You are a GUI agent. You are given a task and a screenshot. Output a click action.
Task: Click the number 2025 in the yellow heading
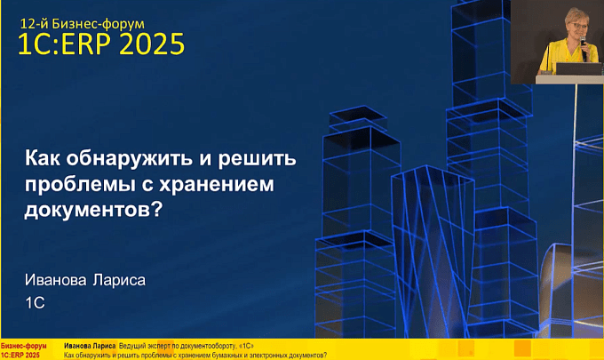pyautogui.click(x=152, y=44)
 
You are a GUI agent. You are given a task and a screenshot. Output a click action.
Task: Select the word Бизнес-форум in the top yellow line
pyautogui.click(x=99, y=24)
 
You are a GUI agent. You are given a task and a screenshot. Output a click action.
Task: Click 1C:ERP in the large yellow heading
pyautogui.click(x=66, y=44)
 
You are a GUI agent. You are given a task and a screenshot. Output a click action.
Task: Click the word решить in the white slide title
pyautogui.click(x=257, y=159)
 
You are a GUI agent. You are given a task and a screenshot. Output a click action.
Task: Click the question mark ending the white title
pyautogui.click(x=155, y=210)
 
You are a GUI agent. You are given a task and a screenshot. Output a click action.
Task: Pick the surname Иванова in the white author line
pyautogui.click(x=55, y=280)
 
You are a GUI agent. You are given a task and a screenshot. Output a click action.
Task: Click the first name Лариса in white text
pyautogui.click(x=119, y=280)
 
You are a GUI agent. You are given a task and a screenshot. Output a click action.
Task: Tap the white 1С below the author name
pyautogui.click(x=35, y=303)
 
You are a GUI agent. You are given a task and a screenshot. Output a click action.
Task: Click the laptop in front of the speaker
pyautogui.click(x=578, y=68)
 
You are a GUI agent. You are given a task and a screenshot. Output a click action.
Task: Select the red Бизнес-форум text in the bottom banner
pyautogui.click(x=23, y=346)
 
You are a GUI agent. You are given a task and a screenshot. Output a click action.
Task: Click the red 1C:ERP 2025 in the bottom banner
pyautogui.click(x=20, y=355)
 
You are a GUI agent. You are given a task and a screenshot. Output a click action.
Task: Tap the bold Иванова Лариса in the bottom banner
pyautogui.click(x=90, y=346)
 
